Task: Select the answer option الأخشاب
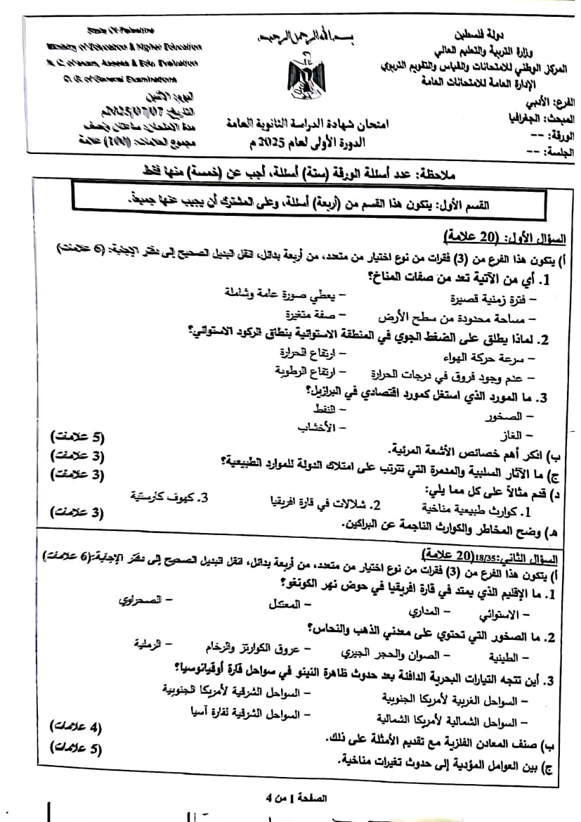coord(317,426)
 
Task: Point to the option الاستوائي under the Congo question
coord(497,615)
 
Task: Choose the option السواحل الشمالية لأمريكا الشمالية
coord(456,721)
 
